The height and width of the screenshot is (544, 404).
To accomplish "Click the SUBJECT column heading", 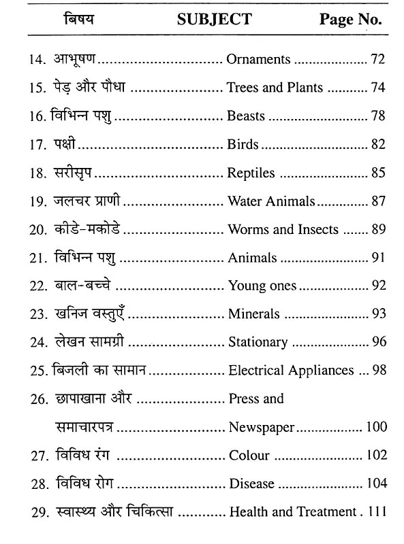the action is (x=214, y=19).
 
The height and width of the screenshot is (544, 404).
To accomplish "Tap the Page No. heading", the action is (x=350, y=19).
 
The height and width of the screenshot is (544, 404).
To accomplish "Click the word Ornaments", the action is (x=259, y=59).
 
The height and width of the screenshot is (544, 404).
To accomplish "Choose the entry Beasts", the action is (x=246, y=116).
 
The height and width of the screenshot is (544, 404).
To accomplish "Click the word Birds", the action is (x=243, y=144).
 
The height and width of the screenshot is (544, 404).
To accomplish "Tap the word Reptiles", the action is (x=251, y=173).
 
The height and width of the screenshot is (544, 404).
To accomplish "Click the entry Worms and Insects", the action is (x=283, y=229).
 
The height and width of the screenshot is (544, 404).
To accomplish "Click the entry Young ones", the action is (x=262, y=286).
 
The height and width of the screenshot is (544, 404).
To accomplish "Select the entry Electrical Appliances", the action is (x=291, y=371).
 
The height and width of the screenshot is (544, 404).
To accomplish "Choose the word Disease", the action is (x=251, y=483).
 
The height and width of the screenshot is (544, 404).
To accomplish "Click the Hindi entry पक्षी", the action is (x=67, y=144).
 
